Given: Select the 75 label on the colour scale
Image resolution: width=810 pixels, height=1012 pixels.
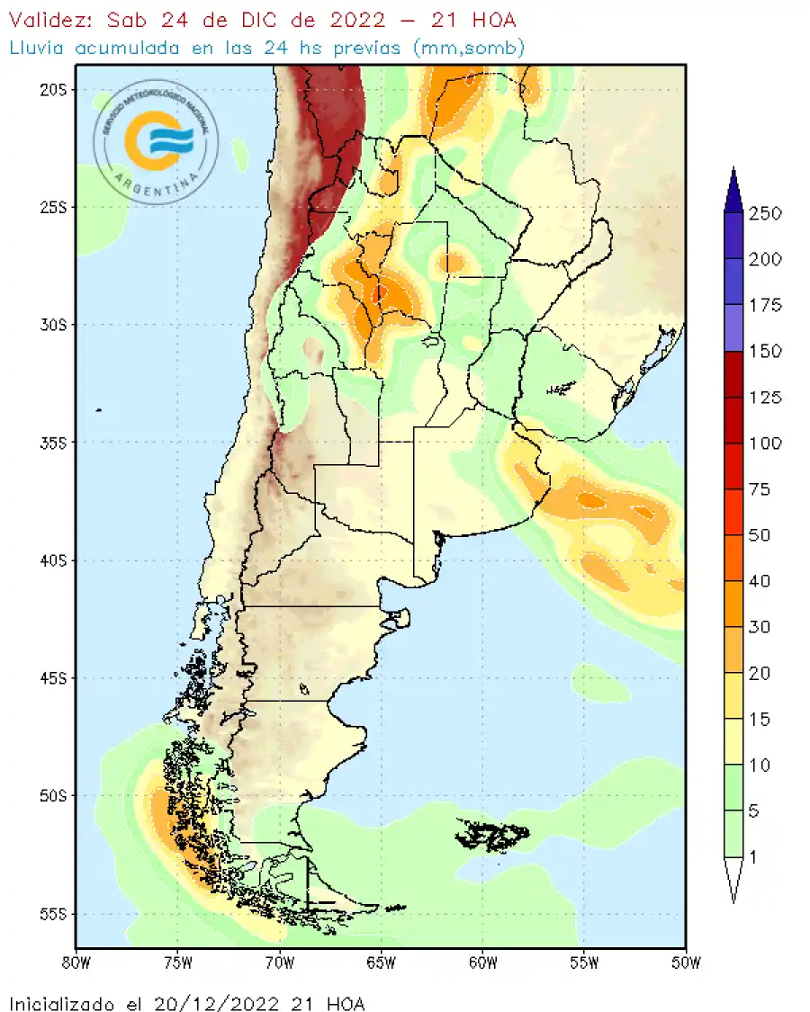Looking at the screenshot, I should pyautogui.click(x=760, y=488).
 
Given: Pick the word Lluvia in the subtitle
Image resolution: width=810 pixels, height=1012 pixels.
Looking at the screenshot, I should pyautogui.click(x=37, y=47).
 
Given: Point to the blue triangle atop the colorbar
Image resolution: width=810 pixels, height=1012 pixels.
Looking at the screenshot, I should pyautogui.click(x=733, y=190).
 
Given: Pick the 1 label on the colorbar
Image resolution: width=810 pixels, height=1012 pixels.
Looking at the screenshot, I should pyautogui.click(x=753, y=856).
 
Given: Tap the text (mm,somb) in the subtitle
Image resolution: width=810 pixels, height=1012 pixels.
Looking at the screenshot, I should pyautogui.click(x=468, y=47).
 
